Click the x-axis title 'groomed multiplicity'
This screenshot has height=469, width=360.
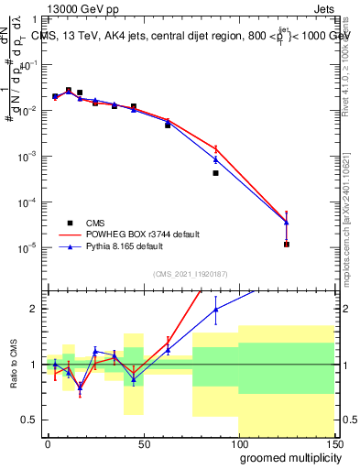(x=287, y=456)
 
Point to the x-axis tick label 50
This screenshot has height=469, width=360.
(x=143, y=443)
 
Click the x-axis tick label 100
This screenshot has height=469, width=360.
(x=238, y=443)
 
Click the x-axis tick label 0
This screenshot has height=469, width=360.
(x=48, y=443)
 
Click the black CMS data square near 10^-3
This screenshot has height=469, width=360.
(x=215, y=173)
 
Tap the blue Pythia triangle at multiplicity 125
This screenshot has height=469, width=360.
(x=287, y=223)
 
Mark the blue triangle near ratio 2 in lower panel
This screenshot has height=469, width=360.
(x=215, y=310)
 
